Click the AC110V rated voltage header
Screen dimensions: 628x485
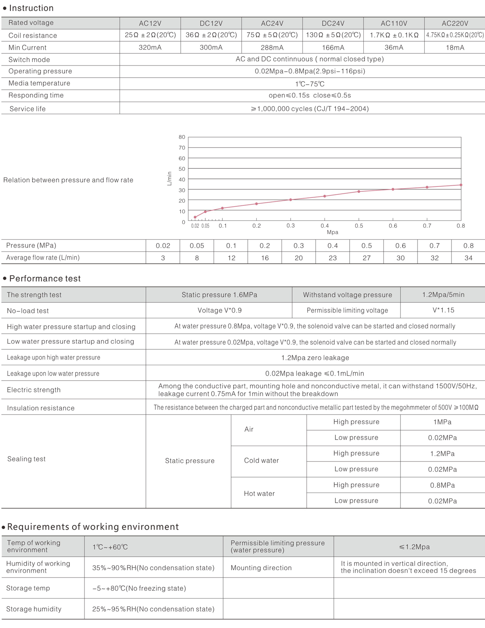394,23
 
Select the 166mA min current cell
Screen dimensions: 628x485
333,48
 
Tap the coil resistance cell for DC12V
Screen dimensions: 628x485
211,35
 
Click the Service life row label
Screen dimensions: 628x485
27,109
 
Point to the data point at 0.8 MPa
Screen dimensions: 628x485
461,185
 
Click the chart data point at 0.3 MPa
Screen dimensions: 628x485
291,200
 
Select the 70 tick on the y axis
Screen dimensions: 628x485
182,148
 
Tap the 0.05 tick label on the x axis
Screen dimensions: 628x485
205,226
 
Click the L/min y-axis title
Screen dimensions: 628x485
169,179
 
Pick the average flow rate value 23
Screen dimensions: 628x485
333,258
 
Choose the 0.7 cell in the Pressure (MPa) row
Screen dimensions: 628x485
434,246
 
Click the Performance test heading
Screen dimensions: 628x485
45,279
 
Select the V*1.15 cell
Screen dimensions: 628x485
443,310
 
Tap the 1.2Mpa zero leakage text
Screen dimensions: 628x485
315,358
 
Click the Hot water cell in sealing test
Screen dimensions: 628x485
259,493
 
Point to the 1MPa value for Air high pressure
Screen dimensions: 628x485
442,422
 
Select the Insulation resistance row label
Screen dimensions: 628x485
41,408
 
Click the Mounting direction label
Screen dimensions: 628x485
261,568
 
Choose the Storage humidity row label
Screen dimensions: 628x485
34,609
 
